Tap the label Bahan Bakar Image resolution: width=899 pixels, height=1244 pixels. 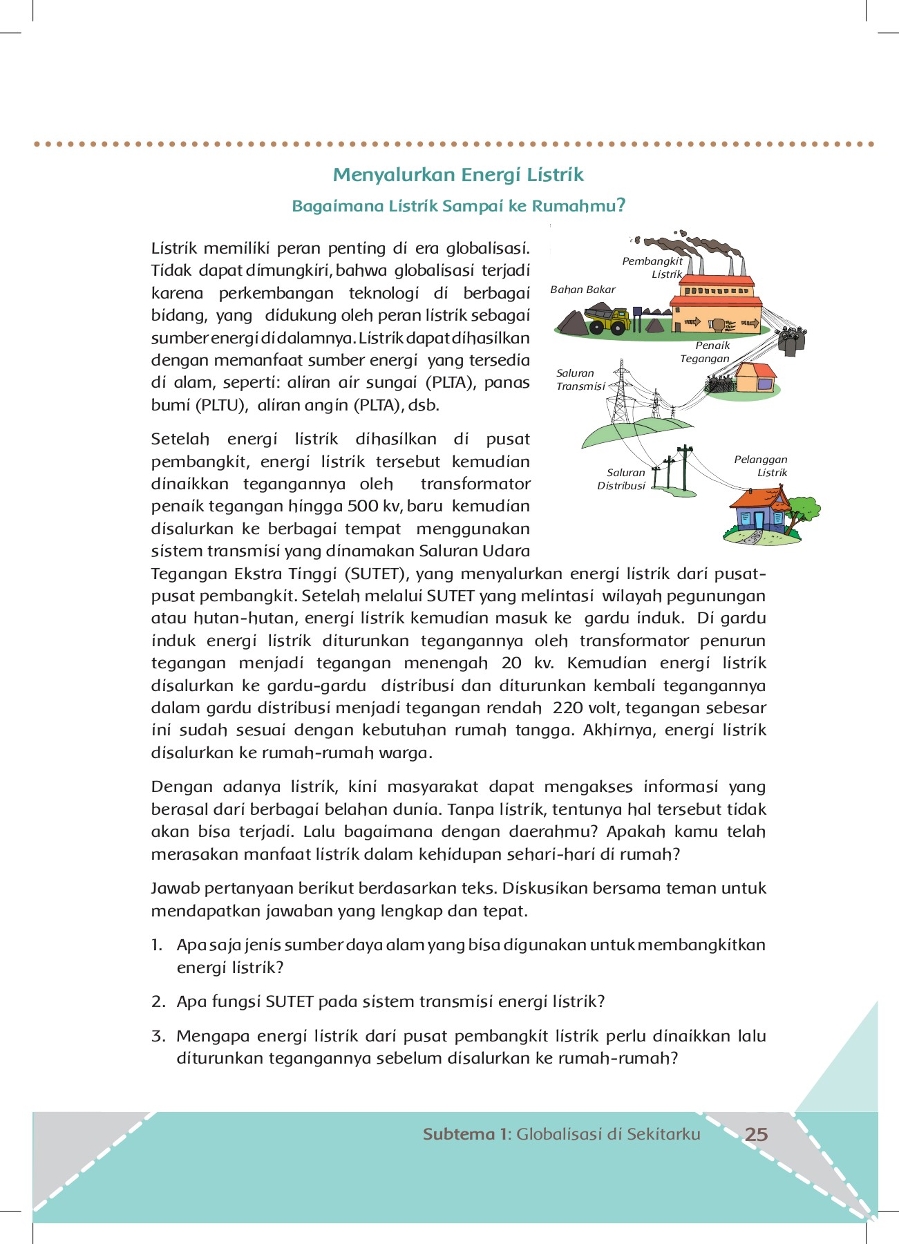(583, 290)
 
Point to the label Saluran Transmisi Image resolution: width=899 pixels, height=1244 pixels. (580, 379)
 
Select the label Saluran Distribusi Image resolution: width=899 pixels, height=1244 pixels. (622, 479)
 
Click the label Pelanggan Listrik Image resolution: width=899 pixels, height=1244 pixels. (761, 466)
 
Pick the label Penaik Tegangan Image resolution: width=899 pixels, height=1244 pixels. (706, 352)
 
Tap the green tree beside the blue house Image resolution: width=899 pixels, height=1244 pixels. (802, 511)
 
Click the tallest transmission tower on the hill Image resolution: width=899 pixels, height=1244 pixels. (622, 390)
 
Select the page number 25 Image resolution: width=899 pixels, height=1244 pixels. (756, 1134)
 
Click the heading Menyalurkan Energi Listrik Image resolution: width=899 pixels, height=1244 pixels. (458, 175)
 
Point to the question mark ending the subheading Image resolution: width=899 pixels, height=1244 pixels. (621, 205)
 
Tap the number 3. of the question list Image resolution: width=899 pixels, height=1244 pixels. (158, 1036)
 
